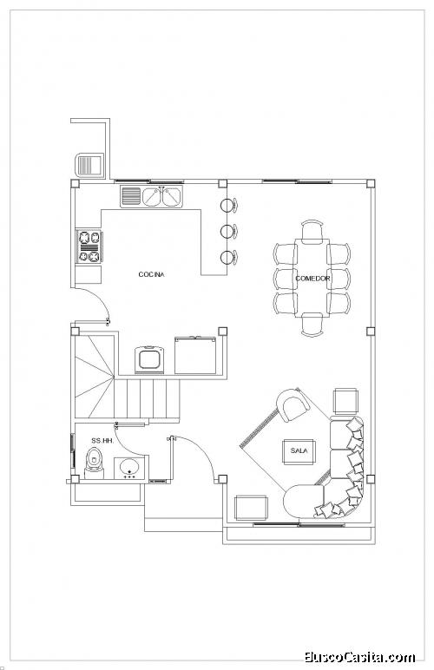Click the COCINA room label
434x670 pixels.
(x=151, y=274)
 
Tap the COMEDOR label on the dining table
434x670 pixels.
(x=312, y=279)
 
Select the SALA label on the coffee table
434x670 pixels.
(x=299, y=450)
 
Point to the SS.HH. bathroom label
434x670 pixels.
(x=102, y=441)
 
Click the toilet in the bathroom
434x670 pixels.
(x=94, y=463)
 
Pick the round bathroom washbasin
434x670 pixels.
(x=130, y=468)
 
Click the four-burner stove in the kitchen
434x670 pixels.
(x=89, y=246)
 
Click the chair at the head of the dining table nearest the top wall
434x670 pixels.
(x=312, y=230)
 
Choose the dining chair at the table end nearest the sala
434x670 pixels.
(x=312, y=325)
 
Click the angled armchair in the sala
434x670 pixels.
(x=293, y=404)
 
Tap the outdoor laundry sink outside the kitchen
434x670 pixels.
(x=89, y=165)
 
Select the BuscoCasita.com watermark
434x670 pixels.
(x=359, y=657)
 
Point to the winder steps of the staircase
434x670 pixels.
(x=95, y=377)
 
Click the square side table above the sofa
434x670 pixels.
(x=345, y=401)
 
